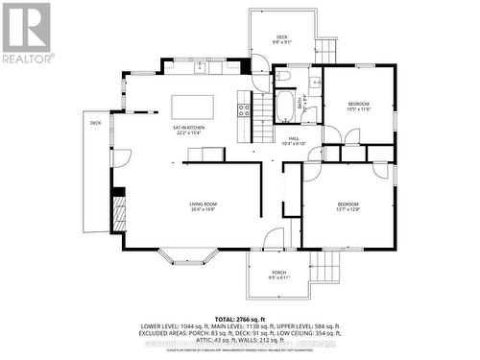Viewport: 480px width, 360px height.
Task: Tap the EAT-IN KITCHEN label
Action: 188,130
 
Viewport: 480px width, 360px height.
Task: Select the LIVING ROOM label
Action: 203,204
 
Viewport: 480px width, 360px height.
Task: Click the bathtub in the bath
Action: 285,106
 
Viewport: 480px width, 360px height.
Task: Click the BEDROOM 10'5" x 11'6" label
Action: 358,106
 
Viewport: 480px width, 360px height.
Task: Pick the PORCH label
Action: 279,275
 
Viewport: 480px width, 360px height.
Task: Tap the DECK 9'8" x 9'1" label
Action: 281,40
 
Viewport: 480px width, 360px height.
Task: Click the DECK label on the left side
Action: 95,123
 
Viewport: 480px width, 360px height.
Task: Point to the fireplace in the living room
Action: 119,209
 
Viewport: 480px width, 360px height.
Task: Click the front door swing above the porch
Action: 274,240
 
